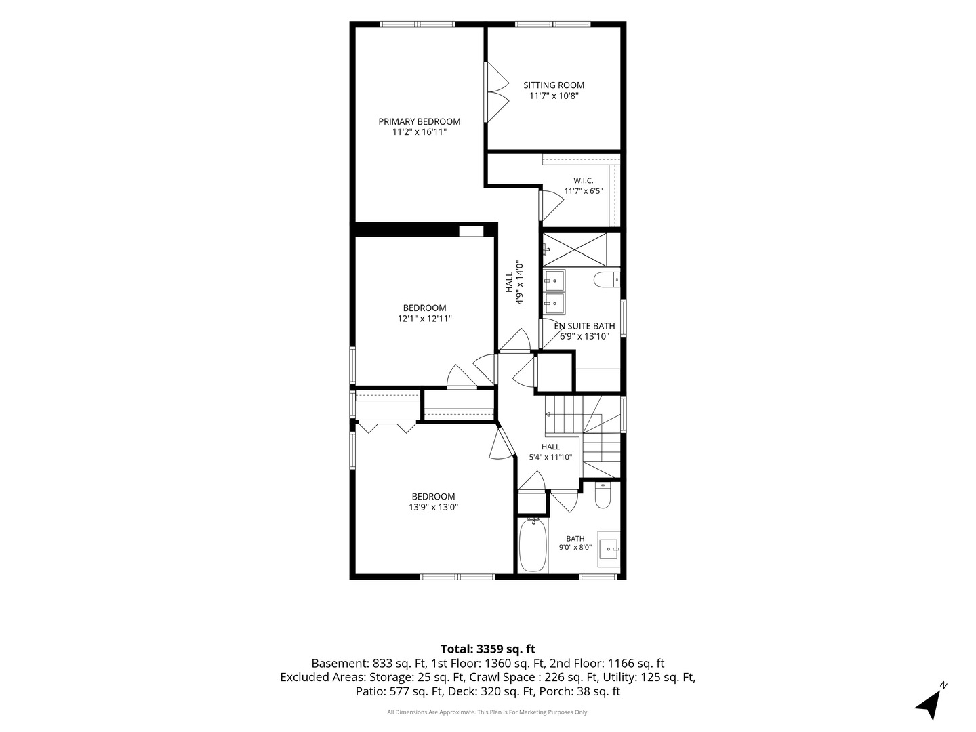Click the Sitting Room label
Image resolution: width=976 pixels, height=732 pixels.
tap(553, 85)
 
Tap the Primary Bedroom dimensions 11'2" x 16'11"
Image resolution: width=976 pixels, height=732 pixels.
tap(420, 132)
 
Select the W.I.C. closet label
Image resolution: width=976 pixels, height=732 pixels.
tap(583, 180)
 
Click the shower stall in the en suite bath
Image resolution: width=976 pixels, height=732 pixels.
tap(575, 249)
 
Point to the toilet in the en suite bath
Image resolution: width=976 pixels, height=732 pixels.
tap(607, 279)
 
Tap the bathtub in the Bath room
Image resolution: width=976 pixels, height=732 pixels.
tap(533, 545)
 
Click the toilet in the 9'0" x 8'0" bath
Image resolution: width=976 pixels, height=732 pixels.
tap(603, 495)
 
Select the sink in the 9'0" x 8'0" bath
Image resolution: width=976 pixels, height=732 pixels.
tap(608, 549)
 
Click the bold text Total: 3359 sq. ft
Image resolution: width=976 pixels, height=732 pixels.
tap(488, 649)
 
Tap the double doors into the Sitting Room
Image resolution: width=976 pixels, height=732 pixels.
tap(496, 92)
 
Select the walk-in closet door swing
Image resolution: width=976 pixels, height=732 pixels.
tap(551, 206)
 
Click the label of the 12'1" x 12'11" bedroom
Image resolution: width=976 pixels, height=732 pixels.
tap(424, 308)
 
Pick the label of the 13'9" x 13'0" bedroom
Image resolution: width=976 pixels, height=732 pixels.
tap(433, 496)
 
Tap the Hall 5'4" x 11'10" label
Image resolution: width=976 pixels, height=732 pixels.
tap(550, 451)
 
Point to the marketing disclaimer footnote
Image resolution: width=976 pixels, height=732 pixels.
tap(488, 712)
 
